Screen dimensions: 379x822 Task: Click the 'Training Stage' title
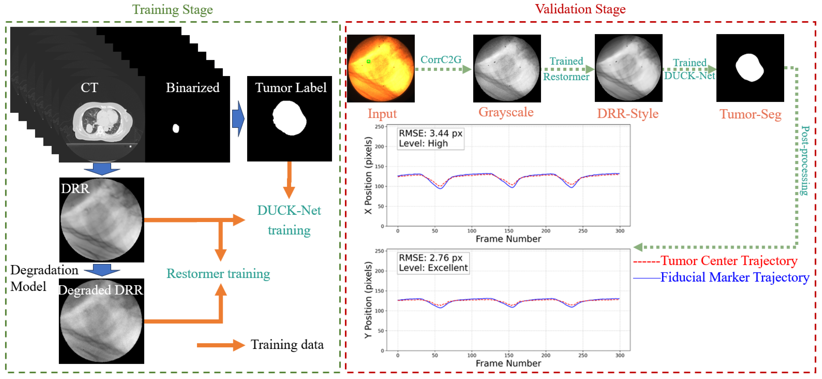(172, 10)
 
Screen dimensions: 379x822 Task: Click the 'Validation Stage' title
(580, 9)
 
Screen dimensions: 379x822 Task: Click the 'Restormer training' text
(218, 274)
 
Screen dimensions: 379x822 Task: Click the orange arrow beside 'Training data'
(220, 345)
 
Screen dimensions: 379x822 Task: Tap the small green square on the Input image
(368, 61)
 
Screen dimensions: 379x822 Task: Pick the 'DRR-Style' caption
(628, 114)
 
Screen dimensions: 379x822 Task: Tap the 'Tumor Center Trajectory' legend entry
(728, 261)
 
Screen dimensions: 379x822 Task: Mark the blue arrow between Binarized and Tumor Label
(238, 119)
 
